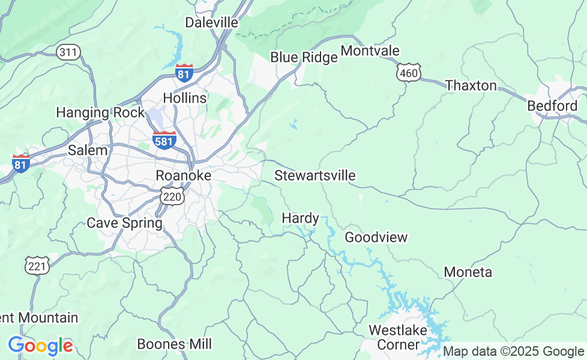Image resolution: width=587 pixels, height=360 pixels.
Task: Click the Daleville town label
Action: [x=211, y=23]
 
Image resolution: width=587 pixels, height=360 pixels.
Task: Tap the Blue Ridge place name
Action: [x=304, y=58]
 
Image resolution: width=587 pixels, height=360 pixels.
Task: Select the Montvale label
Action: [x=370, y=51]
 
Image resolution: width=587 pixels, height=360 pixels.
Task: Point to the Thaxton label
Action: [x=471, y=86]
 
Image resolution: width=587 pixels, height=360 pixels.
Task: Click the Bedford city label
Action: [x=552, y=106]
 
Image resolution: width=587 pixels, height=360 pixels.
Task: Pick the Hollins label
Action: [x=185, y=98]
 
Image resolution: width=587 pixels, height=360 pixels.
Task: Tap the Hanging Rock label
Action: [x=100, y=113]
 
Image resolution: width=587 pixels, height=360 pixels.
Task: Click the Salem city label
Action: [x=88, y=151]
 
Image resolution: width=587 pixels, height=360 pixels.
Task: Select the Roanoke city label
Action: [x=184, y=176]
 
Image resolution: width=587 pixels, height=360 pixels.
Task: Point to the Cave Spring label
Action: [x=125, y=223]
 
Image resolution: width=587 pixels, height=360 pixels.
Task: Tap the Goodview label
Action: [x=376, y=238]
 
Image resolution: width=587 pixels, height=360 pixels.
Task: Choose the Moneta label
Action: [x=468, y=272]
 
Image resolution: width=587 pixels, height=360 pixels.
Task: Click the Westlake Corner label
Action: [x=398, y=337]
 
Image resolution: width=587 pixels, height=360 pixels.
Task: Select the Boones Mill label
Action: [x=175, y=344]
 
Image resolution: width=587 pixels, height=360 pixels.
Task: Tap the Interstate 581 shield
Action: [x=164, y=140]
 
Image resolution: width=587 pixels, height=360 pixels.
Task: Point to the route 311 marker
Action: [x=68, y=52]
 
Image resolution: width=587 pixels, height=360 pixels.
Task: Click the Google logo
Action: [x=40, y=346]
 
